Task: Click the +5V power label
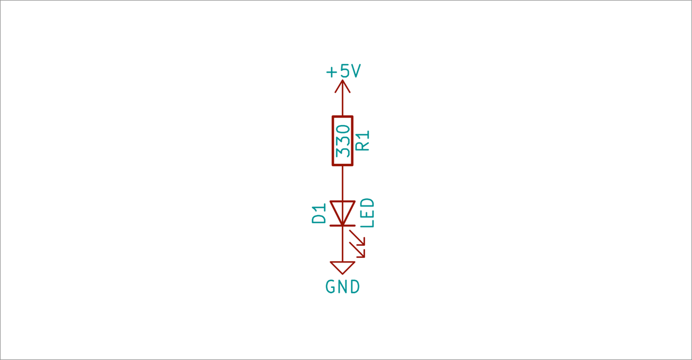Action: pyautogui.click(x=343, y=72)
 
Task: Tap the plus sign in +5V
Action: pyautogui.click(x=331, y=72)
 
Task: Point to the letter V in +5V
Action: pyautogui.click(x=355, y=72)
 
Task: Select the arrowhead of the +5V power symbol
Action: pyautogui.click(x=343, y=86)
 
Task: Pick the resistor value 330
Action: pyautogui.click(x=343, y=140)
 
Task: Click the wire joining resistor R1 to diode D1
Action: pyautogui.click(x=343, y=183)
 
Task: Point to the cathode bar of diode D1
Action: pyautogui.click(x=343, y=226)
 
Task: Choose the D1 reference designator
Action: pyautogui.click(x=319, y=213)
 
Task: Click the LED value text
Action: pyautogui.click(x=367, y=213)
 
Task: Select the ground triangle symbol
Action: pyautogui.click(x=343, y=268)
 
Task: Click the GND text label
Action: pyautogui.click(x=343, y=287)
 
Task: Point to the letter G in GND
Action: pyautogui.click(x=331, y=287)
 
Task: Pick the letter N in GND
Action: pyautogui.click(x=343, y=287)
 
